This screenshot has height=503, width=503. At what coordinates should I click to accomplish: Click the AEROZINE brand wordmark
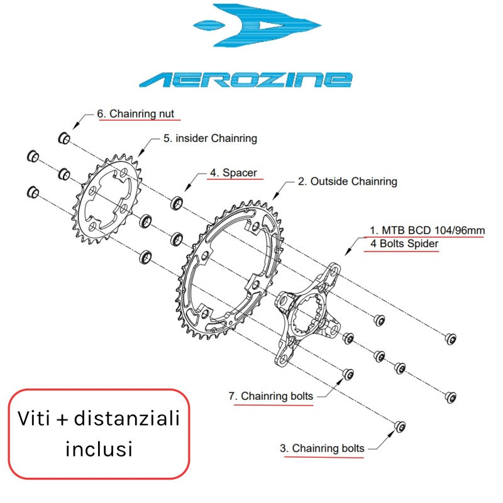point(246,79)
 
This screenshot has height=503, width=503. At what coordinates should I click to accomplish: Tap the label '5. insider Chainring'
point(210,138)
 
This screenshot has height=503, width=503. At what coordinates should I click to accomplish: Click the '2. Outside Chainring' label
point(347,182)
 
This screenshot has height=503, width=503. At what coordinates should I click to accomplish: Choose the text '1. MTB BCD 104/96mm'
point(427,231)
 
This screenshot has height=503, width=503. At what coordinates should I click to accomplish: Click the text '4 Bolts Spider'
point(400,244)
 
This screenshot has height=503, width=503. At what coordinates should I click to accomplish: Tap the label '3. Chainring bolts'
point(322,448)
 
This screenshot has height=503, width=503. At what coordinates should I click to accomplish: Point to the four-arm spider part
point(308,314)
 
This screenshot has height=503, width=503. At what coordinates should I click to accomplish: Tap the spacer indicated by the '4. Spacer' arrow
point(177,202)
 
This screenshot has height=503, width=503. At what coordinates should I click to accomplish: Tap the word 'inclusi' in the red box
point(99,448)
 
